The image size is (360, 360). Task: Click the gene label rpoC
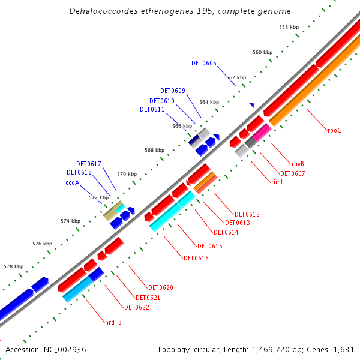click(x=334, y=130)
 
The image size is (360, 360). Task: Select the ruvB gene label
click(x=298, y=164)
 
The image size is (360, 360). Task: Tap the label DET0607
click(x=293, y=173)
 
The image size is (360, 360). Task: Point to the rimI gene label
click(x=277, y=182)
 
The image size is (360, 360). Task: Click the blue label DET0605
click(x=204, y=63)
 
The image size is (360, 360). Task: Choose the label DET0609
click(x=173, y=91)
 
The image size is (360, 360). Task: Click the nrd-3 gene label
click(x=113, y=322)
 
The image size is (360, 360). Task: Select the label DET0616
click(x=196, y=258)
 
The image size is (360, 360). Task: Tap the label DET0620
click(x=161, y=287)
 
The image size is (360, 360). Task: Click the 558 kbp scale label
click(x=289, y=27)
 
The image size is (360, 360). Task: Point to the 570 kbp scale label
click(x=127, y=174)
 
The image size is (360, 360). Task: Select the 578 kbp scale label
click(x=13, y=266)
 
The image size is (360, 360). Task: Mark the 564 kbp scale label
click(x=209, y=102)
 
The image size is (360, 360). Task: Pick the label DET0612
click(x=247, y=214)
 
